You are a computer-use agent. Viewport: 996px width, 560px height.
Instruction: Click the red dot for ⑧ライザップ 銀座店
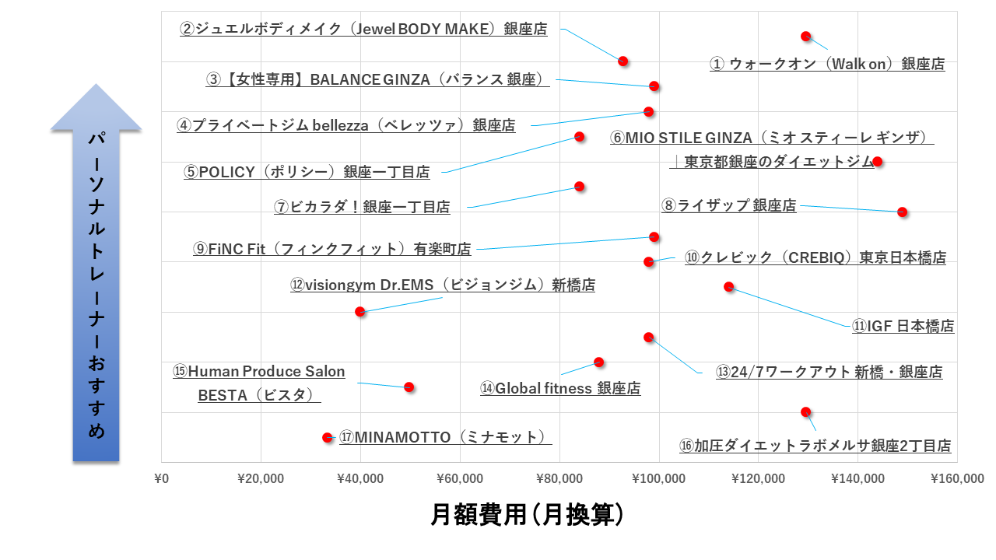click(x=902, y=212)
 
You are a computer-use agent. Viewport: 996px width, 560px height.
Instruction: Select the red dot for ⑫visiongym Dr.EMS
click(x=360, y=311)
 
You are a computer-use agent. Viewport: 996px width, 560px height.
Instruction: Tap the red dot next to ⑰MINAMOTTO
click(x=328, y=438)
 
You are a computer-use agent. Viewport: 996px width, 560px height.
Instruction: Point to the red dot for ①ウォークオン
click(x=806, y=37)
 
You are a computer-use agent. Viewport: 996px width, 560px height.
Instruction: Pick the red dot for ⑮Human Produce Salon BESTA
click(x=409, y=387)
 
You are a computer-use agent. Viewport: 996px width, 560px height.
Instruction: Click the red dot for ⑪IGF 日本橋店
click(x=729, y=286)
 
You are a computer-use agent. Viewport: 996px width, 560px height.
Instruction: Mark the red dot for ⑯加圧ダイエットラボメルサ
click(x=806, y=411)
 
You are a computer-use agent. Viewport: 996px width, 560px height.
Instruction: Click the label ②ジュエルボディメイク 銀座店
click(x=363, y=30)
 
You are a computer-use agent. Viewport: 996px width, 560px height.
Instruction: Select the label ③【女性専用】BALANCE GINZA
click(x=377, y=79)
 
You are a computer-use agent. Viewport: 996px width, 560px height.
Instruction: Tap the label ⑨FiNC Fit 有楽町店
click(x=332, y=250)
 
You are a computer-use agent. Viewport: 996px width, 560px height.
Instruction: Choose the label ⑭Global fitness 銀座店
click(x=560, y=388)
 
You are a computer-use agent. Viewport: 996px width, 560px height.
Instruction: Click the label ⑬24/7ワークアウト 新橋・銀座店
click(x=829, y=372)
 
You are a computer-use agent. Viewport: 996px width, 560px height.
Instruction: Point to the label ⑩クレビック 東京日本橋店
click(x=815, y=257)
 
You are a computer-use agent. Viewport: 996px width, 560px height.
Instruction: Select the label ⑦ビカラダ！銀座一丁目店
click(x=362, y=207)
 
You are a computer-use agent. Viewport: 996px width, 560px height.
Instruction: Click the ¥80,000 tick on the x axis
click(x=559, y=478)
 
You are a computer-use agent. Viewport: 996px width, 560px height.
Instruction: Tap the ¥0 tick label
click(x=162, y=478)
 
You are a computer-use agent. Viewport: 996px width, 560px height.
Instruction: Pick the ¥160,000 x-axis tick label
click(x=956, y=478)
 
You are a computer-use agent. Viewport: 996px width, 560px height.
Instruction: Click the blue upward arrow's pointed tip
click(x=96, y=86)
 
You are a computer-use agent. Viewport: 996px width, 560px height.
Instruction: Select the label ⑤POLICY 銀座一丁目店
click(x=307, y=172)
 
